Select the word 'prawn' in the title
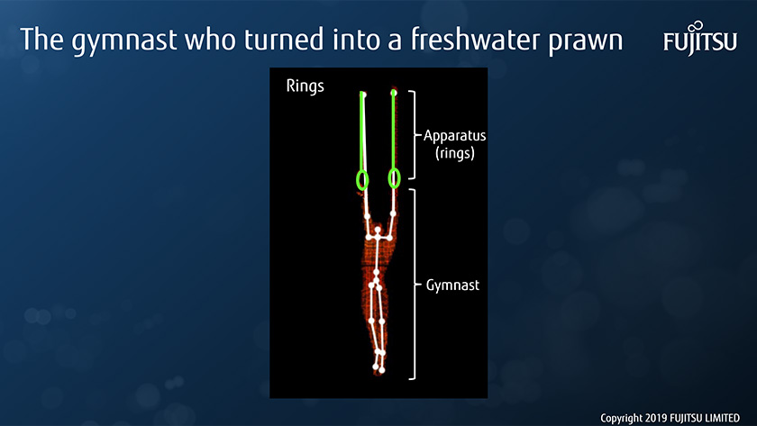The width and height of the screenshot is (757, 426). tap(585, 42)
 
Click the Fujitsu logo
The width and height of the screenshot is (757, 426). tap(700, 38)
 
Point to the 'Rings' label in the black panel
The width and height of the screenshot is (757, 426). tap(305, 86)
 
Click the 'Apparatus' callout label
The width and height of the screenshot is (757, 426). tap(454, 136)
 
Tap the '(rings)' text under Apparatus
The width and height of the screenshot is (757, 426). tap(455, 153)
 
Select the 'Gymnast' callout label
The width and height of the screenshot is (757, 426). tap(452, 286)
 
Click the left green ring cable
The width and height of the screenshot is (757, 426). tap(361, 131)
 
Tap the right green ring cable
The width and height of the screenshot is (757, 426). tap(394, 130)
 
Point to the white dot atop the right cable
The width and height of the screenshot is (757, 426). tap(394, 93)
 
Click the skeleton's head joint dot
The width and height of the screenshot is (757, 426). tap(378, 230)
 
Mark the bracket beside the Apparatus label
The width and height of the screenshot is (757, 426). tap(413, 135)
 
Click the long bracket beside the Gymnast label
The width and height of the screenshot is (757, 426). tap(414, 285)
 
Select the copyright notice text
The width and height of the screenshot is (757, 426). tap(670, 418)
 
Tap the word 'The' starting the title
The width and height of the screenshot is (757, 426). tap(42, 39)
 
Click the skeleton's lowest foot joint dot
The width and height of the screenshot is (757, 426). tap(382, 370)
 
